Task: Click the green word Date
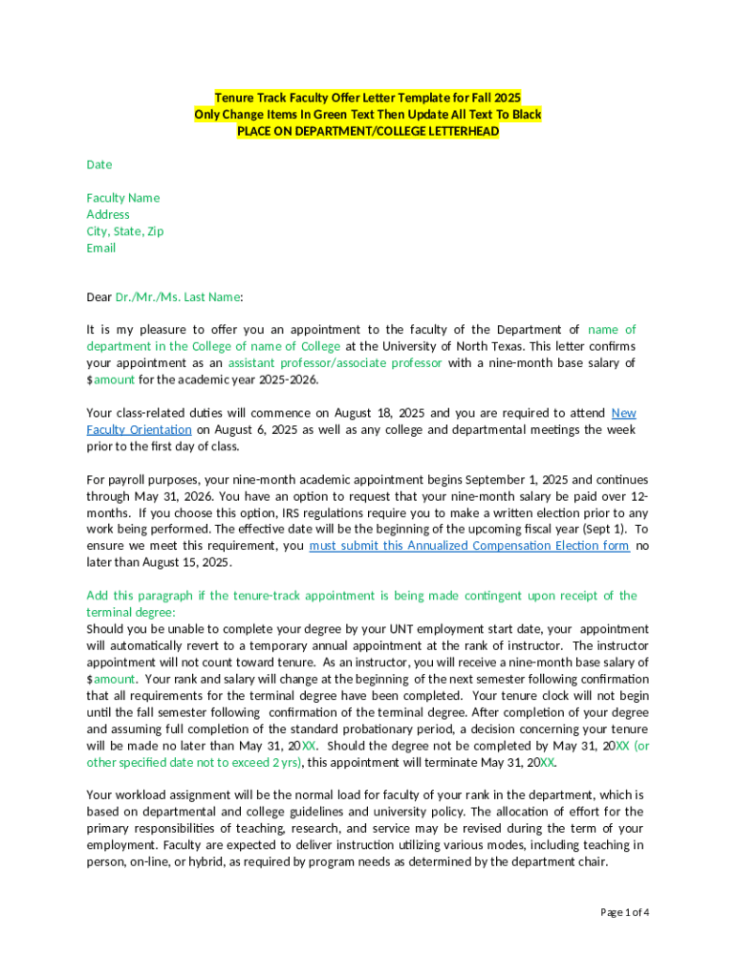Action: point(99,164)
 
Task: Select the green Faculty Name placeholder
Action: point(123,198)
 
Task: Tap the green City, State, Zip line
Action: point(125,231)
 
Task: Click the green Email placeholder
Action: point(101,248)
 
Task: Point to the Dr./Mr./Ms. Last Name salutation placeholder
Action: point(178,297)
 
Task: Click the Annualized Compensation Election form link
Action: point(469,546)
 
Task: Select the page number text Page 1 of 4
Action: point(624,912)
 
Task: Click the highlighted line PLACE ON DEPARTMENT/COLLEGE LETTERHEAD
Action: point(368,131)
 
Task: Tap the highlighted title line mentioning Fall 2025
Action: point(368,98)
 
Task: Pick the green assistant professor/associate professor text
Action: point(335,363)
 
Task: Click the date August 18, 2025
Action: point(377,413)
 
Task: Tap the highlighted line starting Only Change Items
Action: point(368,115)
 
